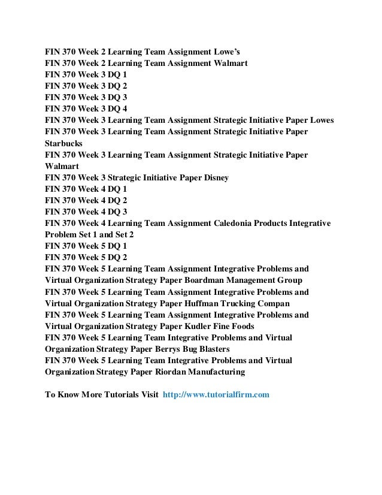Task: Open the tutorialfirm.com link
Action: coord(216,394)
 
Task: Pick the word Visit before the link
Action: coord(148,394)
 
